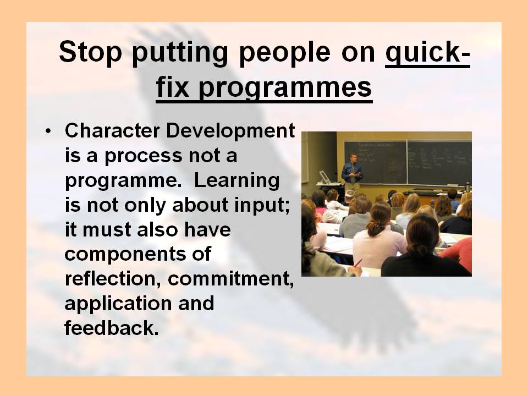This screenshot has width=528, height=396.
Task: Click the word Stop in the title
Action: pos(90,52)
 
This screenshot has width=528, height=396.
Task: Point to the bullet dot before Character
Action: pos(48,131)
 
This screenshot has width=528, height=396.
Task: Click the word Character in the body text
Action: pos(112,131)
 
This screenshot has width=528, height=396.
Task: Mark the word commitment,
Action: pos(230,279)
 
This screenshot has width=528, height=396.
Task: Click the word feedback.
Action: pos(111,328)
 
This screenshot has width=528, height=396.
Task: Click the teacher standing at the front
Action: pos(352,172)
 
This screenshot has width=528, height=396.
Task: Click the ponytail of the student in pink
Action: pos(373,229)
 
